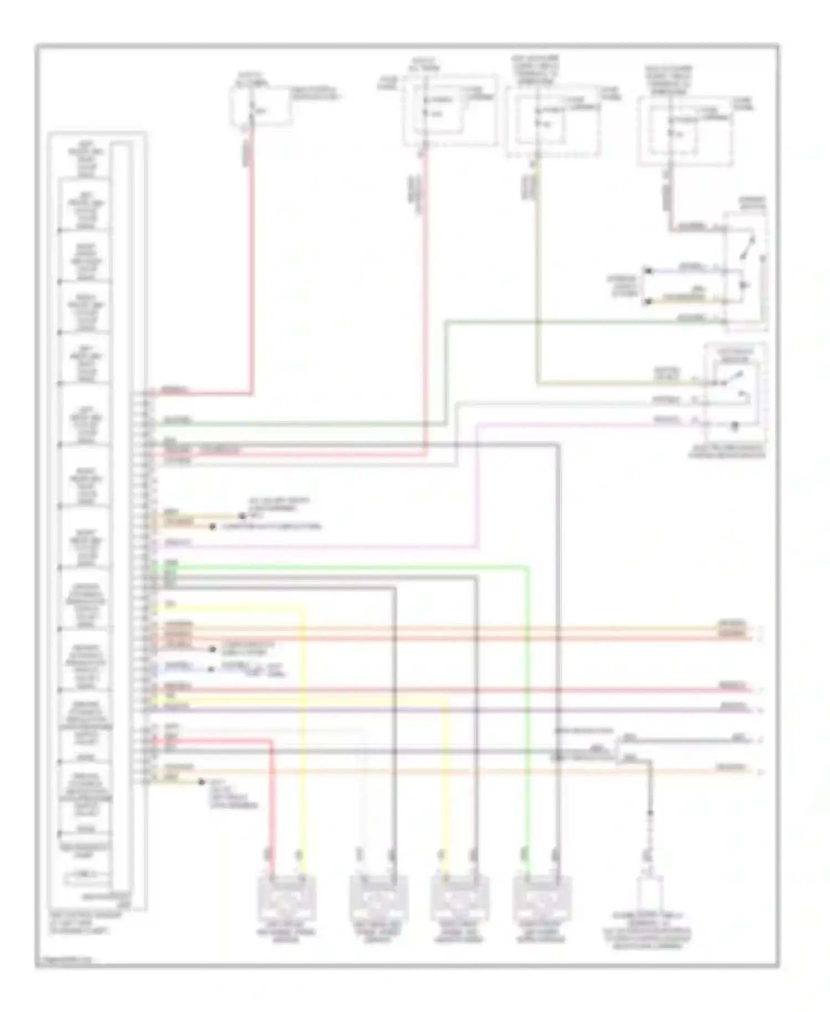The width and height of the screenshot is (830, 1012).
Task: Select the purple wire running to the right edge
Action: coord(443,710)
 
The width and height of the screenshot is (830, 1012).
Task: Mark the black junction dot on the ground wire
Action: coord(651,813)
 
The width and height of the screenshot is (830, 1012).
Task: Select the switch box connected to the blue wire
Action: coord(745,266)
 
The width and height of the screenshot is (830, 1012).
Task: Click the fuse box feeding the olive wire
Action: coord(553,122)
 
